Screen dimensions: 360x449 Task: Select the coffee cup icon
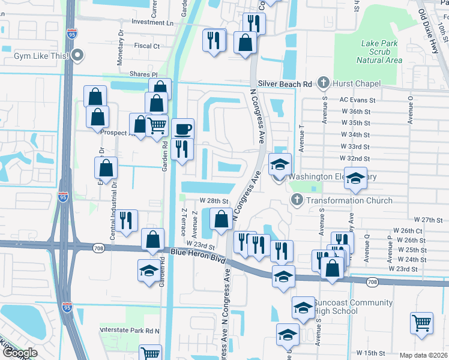click(x=182, y=128)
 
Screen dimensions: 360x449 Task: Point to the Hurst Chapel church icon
click(x=323, y=83)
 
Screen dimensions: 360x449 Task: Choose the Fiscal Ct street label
click(x=147, y=46)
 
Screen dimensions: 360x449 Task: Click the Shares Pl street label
click(x=143, y=74)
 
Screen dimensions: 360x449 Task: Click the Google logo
click(x=20, y=353)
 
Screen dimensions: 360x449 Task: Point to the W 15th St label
click(x=370, y=353)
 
